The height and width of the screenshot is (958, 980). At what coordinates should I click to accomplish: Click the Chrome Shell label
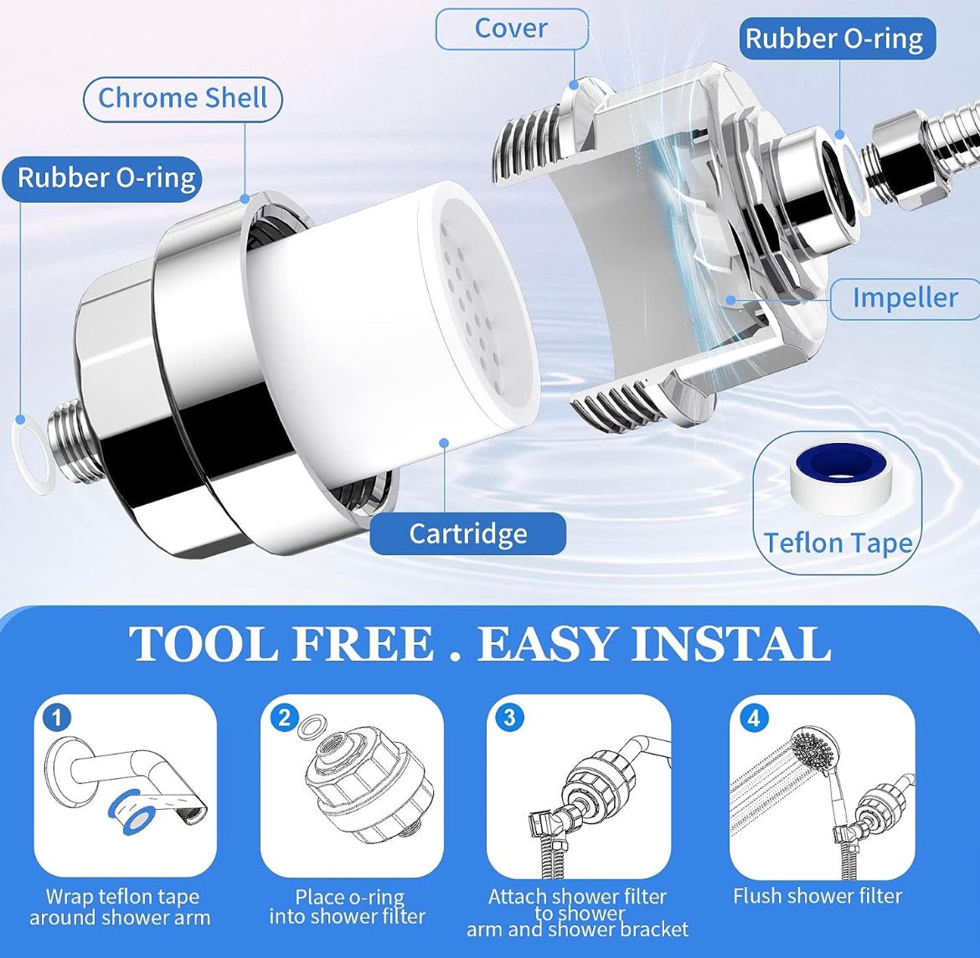(183, 98)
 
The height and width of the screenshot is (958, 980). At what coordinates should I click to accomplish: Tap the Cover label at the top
(511, 28)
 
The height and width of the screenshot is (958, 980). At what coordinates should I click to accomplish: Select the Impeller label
(905, 298)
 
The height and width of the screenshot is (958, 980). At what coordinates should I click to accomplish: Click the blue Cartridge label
(467, 533)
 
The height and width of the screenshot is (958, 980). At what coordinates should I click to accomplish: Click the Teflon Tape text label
(838, 543)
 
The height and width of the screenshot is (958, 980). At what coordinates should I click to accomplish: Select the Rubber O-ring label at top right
(834, 39)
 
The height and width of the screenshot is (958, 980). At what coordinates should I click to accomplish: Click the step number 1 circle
(57, 718)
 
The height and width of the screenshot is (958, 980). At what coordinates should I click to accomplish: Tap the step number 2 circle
(285, 718)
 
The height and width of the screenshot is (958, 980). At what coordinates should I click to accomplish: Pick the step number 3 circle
(509, 718)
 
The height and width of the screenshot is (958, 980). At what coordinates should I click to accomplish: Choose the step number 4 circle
(754, 718)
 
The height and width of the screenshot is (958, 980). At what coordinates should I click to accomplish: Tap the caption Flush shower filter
(818, 896)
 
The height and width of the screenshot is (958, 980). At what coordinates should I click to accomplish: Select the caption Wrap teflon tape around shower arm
(121, 907)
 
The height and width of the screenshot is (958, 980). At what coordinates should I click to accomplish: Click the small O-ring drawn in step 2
(312, 726)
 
